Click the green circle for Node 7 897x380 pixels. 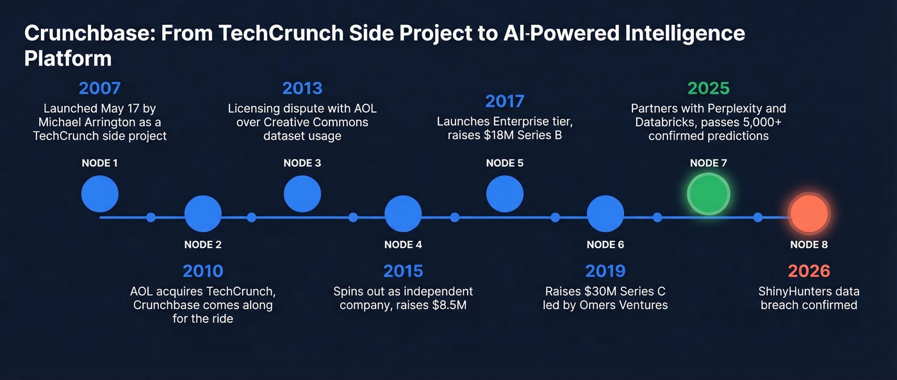tap(708, 193)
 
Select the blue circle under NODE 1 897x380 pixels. tap(100, 194)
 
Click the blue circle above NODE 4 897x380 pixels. tap(403, 214)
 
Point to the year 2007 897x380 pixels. tap(99, 88)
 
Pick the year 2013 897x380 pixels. tap(302, 88)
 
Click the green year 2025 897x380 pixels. tap(708, 88)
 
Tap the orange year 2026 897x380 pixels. tap(809, 271)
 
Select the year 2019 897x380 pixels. tap(605, 271)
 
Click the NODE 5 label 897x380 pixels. tap(504, 163)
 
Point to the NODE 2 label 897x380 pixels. tap(202, 245)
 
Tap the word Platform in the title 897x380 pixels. tap(68, 58)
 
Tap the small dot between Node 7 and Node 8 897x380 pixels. tap(758, 217)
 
